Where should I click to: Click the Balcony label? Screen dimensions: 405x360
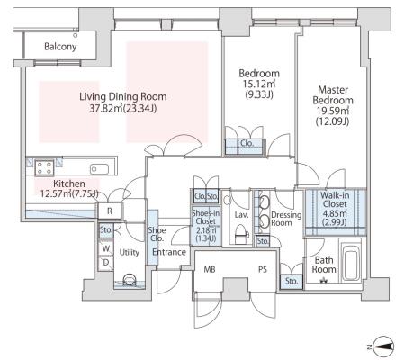pos(60,47)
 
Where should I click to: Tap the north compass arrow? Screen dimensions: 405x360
pos(382,346)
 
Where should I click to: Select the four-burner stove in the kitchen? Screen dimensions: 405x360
pos(44,167)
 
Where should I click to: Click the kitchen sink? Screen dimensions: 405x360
pos(99,169)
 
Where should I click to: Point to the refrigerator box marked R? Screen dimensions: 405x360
pos(110,211)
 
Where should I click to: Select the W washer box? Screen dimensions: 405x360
pos(106,248)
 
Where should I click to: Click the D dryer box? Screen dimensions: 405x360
pos(106,263)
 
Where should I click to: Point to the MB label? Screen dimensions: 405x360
pos(210,270)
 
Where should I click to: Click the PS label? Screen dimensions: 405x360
pos(263,270)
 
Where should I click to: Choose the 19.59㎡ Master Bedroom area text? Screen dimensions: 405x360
pos(333,111)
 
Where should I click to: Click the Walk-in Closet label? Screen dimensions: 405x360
pos(335,200)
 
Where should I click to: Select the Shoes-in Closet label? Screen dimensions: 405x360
pos(206,217)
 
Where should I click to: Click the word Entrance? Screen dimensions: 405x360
pos(169,252)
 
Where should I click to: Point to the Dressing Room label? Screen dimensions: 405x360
pos(286,219)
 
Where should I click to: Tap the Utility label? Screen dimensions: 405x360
pos(130,252)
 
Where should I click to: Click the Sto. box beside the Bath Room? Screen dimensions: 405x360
pos(292,282)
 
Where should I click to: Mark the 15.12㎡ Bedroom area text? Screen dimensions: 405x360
pos(259,84)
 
